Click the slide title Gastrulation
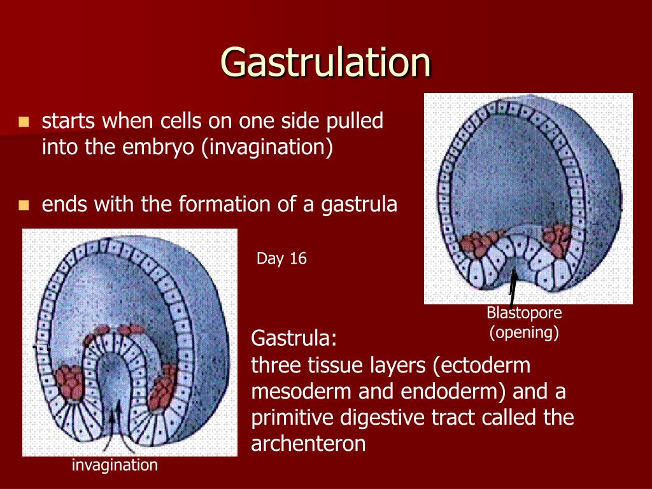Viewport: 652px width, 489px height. click(326, 62)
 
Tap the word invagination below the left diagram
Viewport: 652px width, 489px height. click(115, 465)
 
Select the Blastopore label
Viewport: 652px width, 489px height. click(524, 313)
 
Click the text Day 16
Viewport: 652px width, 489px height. click(281, 259)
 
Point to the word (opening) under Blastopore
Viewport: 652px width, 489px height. click(524, 332)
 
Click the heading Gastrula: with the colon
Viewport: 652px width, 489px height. click(294, 338)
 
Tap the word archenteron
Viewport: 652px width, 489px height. click(308, 443)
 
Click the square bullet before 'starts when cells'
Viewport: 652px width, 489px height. click(24, 122)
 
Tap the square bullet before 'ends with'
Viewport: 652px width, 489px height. click(24, 205)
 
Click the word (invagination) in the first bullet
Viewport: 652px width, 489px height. click(267, 148)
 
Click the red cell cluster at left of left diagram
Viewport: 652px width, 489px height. click(70, 382)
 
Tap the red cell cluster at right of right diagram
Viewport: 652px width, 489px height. click(556, 240)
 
